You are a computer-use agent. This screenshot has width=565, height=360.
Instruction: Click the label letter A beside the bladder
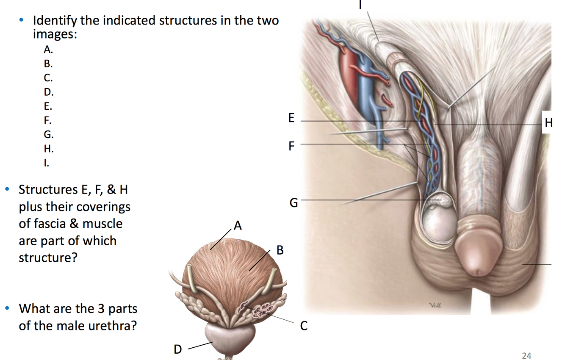pyautogui.click(x=238, y=226)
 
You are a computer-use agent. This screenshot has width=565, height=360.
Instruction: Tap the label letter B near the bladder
pyautogui.click(x=280, y=250)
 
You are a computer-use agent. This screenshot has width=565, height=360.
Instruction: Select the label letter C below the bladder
pyautogui.click(x=303, y=326)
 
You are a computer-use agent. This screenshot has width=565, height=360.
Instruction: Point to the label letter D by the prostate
pyautogui.click(x=178, y=349)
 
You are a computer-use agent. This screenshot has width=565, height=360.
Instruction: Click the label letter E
pyautogui.click(x=291, y=118)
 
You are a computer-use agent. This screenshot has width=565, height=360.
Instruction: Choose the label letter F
pyautogui.click(x=291, y=146)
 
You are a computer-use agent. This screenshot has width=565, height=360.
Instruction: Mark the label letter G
pyautogui.click(x=294, y=203)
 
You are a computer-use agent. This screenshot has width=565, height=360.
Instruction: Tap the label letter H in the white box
pyautogui.click(x=548, y=123)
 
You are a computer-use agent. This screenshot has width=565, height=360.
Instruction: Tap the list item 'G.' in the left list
pyautogui.click(x=49, y=135)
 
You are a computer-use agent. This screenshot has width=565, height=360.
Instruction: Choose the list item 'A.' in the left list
pyautogui.click(x=48, y=50)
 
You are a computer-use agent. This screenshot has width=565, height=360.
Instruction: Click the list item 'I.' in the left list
pyautogui.click(x=46, y=163)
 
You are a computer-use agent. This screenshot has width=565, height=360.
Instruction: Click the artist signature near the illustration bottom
pyautogui.click(x=435, y=305)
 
